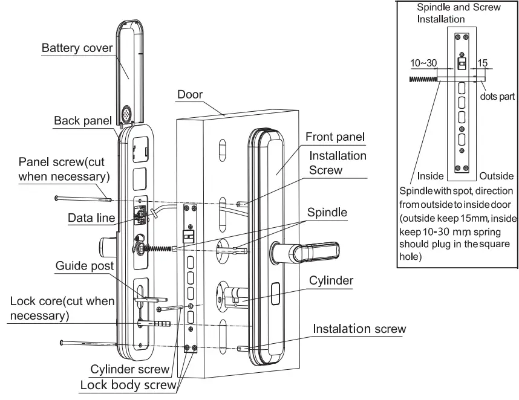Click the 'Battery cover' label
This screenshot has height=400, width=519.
[x=77, y=48]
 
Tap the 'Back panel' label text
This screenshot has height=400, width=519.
[x=82, y=120]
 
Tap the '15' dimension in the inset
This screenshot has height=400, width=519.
[x=483, y=63]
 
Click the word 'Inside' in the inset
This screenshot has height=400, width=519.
[x=429, y=176]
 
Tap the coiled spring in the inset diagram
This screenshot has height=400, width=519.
[x=423, y=79]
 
